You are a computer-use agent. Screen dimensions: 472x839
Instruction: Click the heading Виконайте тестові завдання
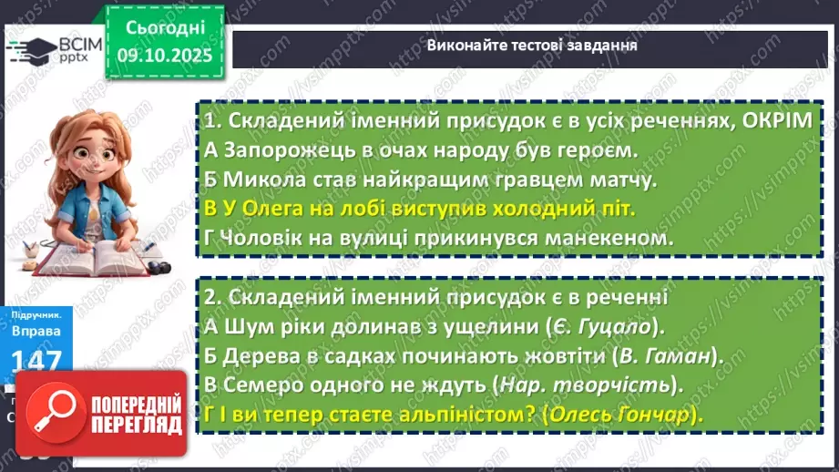532,45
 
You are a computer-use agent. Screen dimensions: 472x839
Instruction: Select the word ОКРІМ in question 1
771,121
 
